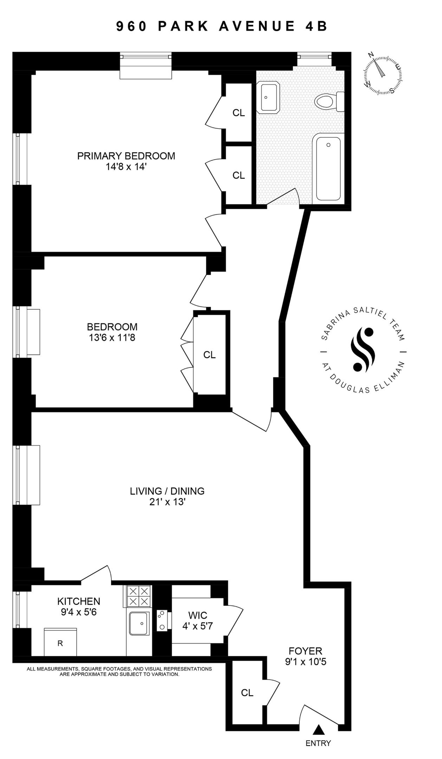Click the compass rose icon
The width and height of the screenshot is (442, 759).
(x=382, y=75)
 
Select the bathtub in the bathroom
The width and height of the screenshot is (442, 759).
(x=328, y=169)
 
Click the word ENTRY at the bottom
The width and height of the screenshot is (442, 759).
(x=318, y=743)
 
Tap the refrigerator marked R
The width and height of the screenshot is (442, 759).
(x=60, y=643)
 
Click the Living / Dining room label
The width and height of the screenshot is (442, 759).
(x=167, y=491)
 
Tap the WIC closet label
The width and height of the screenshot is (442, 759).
(x=197, y=615)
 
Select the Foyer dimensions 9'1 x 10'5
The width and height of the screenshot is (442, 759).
(x=306, y=662)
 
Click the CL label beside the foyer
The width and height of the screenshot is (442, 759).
(x=247, y=693)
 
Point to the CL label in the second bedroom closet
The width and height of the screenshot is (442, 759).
(x=209, y=355)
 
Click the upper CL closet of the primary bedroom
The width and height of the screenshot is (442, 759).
(x=239, y=113)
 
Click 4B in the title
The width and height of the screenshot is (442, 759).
(x=316, y=26)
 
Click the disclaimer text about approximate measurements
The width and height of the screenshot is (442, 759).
(x=119, y=672)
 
